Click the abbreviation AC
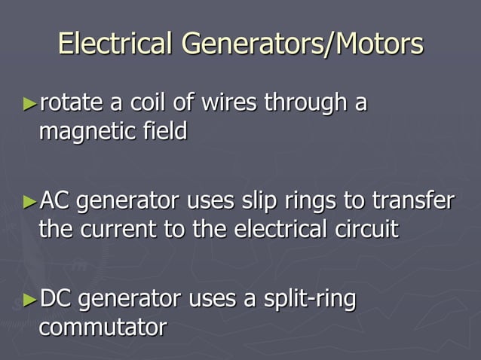tap(54, 201)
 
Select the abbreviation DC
tap(54, 299)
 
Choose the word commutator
tap(102, 328)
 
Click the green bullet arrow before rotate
tap(29, 104)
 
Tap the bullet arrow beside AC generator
tap(29, 202)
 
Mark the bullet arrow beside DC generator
tap(29, 300)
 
